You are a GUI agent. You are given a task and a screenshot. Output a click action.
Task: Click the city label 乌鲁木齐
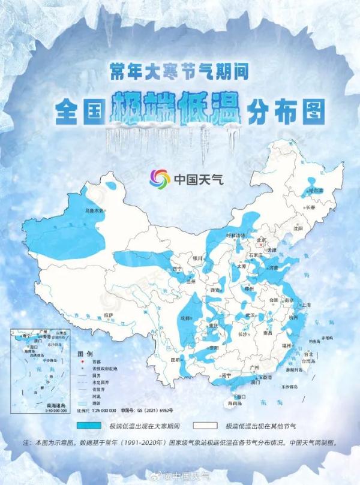coord(94,210)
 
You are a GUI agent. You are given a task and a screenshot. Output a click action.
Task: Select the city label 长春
coord(310,207)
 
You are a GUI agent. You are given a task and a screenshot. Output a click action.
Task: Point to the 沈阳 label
coord(298,228)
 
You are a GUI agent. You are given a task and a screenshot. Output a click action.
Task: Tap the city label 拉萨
coord(109,314)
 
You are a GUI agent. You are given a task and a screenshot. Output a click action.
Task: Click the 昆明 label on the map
coord(175,360)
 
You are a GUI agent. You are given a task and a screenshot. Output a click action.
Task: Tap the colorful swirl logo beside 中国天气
coord(160,179)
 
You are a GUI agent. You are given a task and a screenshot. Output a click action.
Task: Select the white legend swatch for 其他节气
coord(207,426)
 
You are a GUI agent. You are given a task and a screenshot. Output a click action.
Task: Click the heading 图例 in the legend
coord(83,355)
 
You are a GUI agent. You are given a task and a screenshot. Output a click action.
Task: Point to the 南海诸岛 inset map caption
coord(58,406)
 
